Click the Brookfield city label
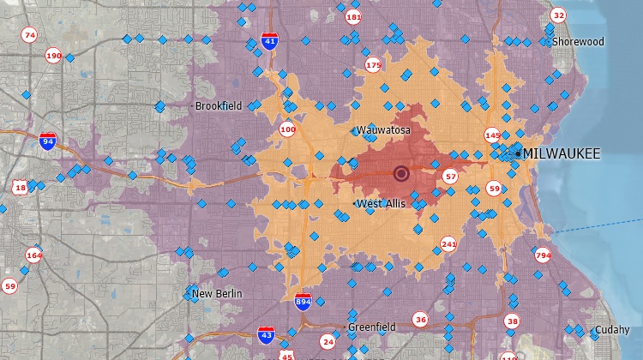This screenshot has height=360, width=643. (x=219, y=106)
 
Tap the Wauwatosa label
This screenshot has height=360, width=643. (x=383, y=130)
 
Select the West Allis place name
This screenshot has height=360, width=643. (x=381, y=204)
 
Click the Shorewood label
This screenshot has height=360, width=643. (x=578, y=41)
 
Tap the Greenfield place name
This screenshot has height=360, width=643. (x=371, y=327)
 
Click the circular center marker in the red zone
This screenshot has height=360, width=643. (x=401, y=174)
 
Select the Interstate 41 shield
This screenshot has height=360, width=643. (x=270, y=40)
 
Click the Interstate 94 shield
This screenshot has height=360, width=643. (x=48, y=142)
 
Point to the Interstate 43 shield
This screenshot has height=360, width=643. (x=267, y=334)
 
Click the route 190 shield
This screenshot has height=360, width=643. (x=53, y=56)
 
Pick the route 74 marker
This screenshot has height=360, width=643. (x=30, y=35)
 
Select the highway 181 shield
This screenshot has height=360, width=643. (x=353, y=17)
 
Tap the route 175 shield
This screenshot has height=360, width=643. (x=373, y=64)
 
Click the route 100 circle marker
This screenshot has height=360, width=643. (x=287, y=129)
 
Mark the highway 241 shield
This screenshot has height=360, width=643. (x=448, y=244)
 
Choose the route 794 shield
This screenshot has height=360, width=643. (x=543, y=255)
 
